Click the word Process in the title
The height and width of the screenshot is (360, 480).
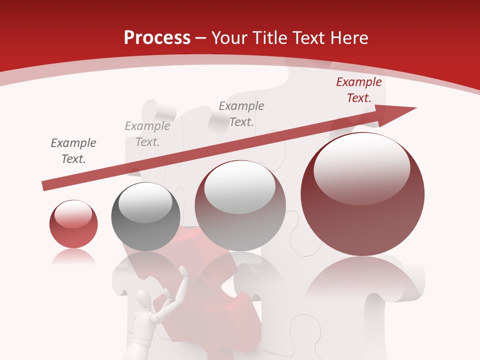click(157, 37)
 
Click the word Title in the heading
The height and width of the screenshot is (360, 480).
click(270, 37)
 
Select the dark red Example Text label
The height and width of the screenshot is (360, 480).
click(358, 90)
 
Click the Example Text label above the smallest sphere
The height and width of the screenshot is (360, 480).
click(73, 151)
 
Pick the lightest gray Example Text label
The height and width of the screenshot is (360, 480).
click(147, 134)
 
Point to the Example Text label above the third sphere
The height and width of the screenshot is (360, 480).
click(241, 113)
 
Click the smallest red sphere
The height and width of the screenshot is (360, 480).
click(73, 225)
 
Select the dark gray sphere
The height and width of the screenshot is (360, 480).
click(145, 217)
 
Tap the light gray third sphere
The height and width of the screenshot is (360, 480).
click(240, 206)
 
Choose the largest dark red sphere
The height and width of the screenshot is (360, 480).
click(362, 195)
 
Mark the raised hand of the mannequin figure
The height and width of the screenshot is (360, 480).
click(183, 272)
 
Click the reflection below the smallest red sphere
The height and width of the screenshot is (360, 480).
click(73, 257)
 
